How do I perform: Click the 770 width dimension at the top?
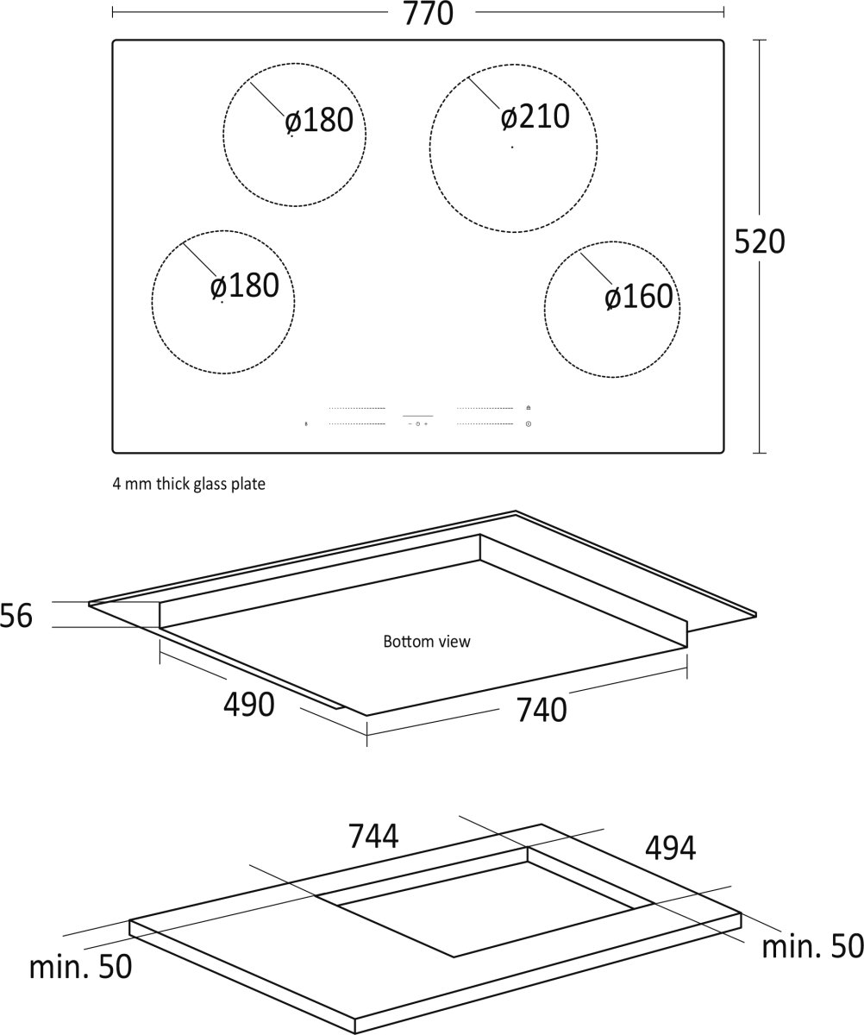(x=429, y=14)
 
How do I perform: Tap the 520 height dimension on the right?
(x=760, y=241)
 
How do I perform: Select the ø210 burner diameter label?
(x=535, y=117)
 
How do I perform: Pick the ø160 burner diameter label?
(x=639, y=297)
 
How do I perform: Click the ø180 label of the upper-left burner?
(x=319, y=121)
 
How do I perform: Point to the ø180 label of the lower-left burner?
(x=245, y=286)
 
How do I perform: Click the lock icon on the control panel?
(x=529, y=408)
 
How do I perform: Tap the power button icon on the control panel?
(x=529, y=424)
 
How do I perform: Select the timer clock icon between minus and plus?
(x=418, y=424)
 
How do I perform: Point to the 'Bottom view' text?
(x=427, y=642)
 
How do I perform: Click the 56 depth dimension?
(x=16, y=616)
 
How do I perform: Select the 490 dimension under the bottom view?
(x=249, y=705)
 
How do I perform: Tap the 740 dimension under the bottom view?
(x=542, y=710)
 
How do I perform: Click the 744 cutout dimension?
(x=373, y=837)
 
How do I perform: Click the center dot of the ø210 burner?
(x=512, y=147)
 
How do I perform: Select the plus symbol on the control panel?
(x=425, y=424)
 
